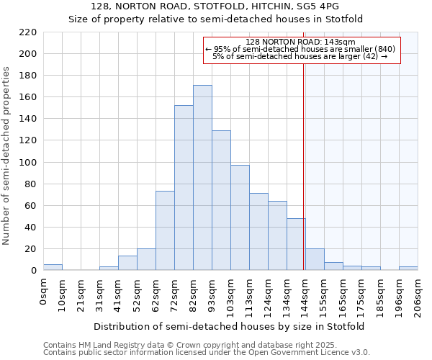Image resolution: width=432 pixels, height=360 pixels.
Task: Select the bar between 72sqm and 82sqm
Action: (184, 188)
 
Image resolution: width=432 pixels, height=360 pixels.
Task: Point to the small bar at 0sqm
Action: (53, 267)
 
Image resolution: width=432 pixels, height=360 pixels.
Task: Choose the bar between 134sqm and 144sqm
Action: (296, 244)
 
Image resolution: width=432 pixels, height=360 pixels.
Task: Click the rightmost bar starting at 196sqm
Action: (408, 269)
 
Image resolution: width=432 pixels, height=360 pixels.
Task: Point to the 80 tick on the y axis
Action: (31, 184)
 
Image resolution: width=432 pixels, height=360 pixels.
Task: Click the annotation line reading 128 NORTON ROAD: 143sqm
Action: (300, 42)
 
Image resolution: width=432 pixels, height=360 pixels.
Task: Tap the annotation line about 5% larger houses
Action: (300, 56)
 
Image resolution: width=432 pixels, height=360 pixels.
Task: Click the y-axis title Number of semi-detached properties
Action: (7, 156)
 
